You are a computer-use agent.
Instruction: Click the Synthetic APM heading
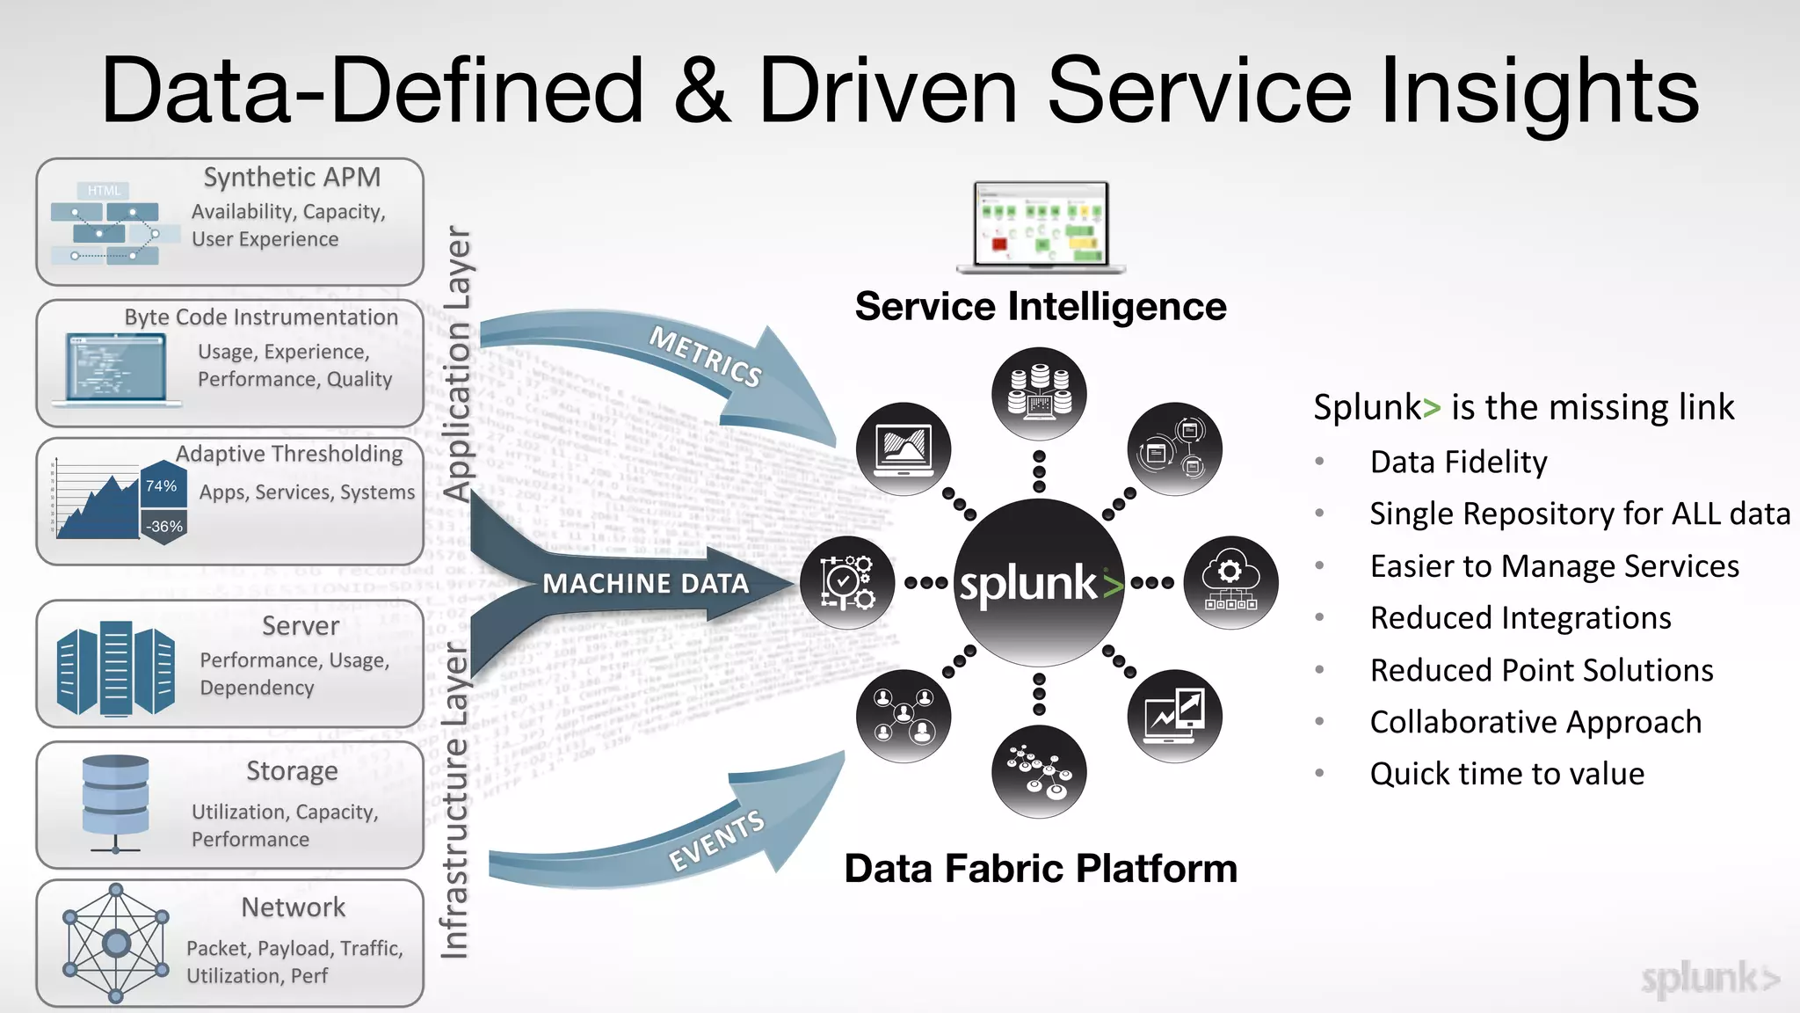click(x=292, y=178)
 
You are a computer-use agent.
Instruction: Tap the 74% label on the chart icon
click(x=162, y=486)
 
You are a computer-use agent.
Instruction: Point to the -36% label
click(x=164, y=527)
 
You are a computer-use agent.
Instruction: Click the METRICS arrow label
click(x=706, y=357)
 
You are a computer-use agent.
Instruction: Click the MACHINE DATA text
click(x=645, y=584)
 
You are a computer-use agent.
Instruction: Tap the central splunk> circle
click(x=1039, y=583)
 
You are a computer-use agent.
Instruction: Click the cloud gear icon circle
click(x=1230, y=583)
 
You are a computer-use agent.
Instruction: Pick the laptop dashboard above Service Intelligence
click(x=1041, y=227)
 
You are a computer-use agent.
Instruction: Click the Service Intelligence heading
click(x=1041, y=307)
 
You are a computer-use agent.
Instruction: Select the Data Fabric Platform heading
click(x=1041, y=869)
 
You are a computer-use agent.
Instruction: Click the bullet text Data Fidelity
click(x=1458, y=463)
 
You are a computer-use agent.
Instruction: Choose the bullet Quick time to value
click(x=1506, y=774)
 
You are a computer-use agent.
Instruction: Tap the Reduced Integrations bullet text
click(x=1521, y=618)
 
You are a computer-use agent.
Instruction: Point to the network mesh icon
click(x=116, y=944)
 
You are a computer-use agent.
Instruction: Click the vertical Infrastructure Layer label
click(x=454, y=800)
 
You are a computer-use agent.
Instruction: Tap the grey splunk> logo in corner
click(x=1709, y=979)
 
